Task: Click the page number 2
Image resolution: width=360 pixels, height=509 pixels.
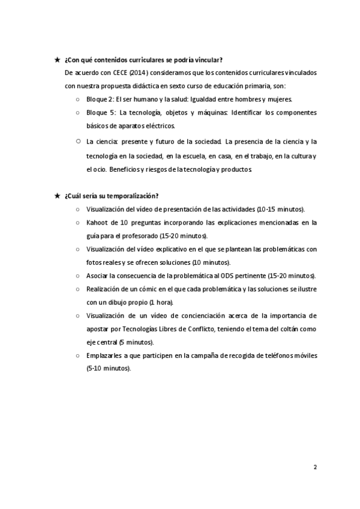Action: [315, 466]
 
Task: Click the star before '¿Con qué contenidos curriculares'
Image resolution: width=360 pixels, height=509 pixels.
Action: [56, 59]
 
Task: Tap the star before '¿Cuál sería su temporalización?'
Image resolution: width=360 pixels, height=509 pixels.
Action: [56, 196]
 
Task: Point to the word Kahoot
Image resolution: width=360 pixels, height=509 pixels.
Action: [97, 222]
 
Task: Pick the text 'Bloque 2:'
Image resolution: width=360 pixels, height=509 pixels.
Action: [100, 99]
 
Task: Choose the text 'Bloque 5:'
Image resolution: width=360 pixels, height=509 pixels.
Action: [100, 112]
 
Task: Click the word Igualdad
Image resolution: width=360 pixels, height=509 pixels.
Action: [211, 99]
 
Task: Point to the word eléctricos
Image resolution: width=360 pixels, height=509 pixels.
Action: [158, 126]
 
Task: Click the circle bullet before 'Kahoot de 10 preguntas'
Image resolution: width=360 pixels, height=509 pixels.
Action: [78, 222]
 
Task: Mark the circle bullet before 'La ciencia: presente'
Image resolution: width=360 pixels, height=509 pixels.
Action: [78, 142]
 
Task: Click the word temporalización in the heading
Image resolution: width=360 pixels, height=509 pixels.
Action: [132, 196]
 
